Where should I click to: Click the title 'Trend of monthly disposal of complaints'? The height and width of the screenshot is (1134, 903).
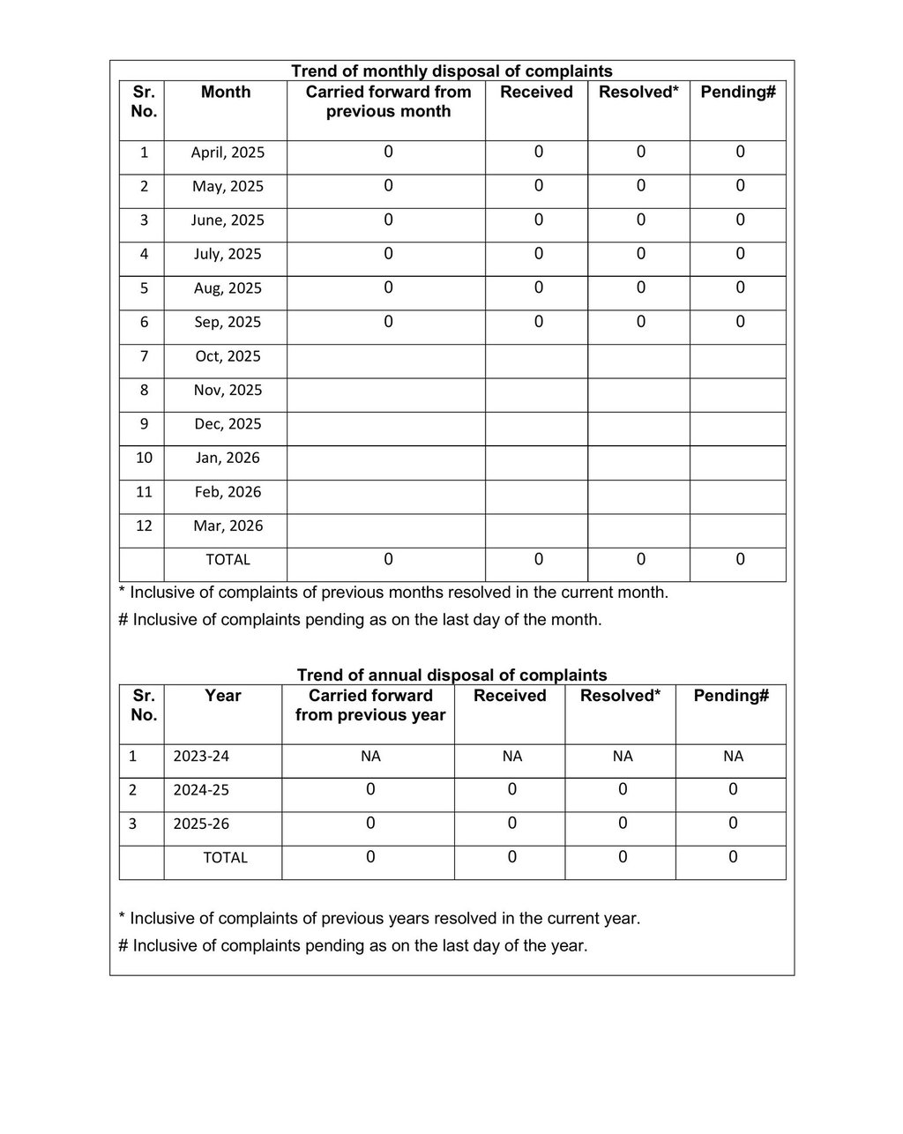[451, 71]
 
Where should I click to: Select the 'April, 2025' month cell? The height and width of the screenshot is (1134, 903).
[228, 153]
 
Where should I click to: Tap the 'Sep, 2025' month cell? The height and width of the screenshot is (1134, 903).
[228, 323]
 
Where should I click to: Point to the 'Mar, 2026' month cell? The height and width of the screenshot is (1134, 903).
[228, 526]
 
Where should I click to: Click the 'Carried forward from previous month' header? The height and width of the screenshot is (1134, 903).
[388, 101]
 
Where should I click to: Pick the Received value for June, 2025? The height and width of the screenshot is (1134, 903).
[539, 220]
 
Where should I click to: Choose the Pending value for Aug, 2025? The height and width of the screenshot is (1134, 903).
[740, 287]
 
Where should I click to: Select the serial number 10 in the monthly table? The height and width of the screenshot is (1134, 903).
[144, 458]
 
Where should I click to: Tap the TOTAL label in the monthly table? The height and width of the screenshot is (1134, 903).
[228, 560]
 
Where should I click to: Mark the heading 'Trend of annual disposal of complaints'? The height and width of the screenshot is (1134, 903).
[451, 675]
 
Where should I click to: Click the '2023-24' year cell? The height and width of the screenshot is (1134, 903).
[201, 757]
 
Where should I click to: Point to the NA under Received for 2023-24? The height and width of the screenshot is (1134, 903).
[512, 757]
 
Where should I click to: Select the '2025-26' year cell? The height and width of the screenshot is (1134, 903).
[201, 824]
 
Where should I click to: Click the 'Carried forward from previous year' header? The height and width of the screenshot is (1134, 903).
[370, 705]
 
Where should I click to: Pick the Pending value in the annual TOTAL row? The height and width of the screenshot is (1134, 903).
[733, 857]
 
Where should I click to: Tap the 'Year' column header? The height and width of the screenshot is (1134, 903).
[223, 696]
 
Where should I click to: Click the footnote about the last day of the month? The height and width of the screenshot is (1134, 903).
[360, 620]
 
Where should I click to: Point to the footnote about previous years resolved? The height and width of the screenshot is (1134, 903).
[379, 919]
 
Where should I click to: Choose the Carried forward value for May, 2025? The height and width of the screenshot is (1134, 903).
[388, 186]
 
